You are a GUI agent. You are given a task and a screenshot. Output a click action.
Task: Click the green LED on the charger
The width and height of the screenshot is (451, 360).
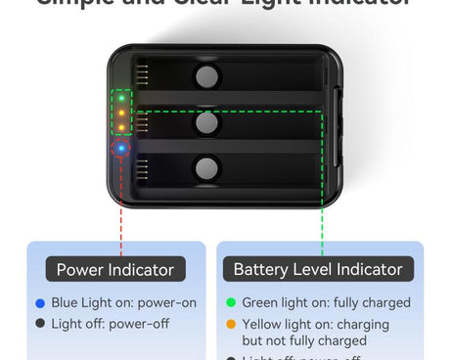pyautogui.click(x=121, y=98)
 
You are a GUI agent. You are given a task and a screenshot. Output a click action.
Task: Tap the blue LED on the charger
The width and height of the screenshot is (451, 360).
pyautogui.click(x=121, y=149)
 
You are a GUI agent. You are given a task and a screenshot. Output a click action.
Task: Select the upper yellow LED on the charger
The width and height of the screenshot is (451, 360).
pyautogui.click(x=121, y=112)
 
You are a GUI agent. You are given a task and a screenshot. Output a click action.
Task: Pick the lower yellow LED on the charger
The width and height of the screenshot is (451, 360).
pyautogui.click(x=121, y=127)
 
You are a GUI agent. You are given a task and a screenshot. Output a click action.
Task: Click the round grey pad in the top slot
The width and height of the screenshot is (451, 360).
pyautogui.click(x=207, y=77)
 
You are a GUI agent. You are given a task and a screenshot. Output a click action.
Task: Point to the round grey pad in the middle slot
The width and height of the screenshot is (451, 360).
pyautogui.click(x=207, y=123)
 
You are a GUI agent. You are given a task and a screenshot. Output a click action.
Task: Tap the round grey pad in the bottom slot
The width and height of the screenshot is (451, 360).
pyautogui.click(x=207, y=168)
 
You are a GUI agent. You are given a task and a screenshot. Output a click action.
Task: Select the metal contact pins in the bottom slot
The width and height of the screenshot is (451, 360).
pyautogui.click(x=143, y=167)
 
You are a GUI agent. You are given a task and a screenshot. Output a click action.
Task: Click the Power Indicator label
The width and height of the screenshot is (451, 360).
pyautogui.click(x=114, y=269)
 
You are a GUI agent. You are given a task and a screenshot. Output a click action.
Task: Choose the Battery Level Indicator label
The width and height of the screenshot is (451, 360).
pyautogui.click(x=318, y=269)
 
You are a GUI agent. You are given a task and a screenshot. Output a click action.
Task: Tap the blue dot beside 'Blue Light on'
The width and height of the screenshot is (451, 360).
pyautogui.click(x=39, y=303)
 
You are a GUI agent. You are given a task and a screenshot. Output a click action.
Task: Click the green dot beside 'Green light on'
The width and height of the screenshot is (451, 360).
pyautogui.click(x=231, y=303)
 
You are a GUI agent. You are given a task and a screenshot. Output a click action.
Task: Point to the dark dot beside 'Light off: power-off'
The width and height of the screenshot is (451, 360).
pyautogui.click(x=39, y=323)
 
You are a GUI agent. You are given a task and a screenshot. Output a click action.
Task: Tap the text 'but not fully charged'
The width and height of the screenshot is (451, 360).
pyautogui.click(x=304, y=341)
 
